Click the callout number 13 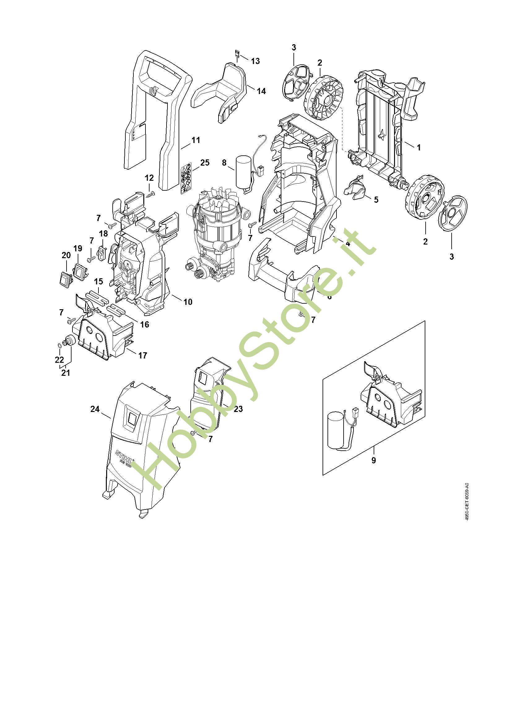point(255,61)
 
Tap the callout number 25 point(205,163)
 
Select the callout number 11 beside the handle point(196,140)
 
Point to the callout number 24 point(95,409)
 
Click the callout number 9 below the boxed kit point(374,460)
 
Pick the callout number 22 point(59,359)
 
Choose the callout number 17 point(142,355)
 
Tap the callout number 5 point(376,200)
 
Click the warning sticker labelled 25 point(186,178)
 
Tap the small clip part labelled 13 point(237,53)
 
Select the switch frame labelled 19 point(80,270)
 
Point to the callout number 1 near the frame point(419,147)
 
